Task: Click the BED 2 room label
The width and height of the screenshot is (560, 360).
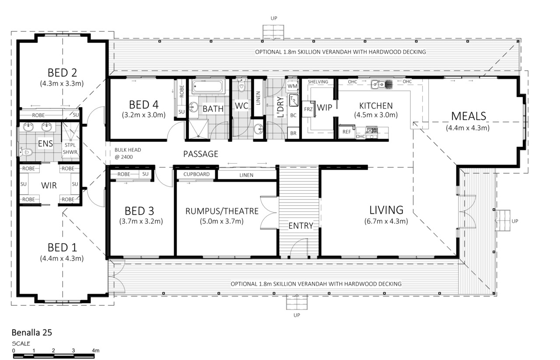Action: pyautogui.click(x=62, y=73)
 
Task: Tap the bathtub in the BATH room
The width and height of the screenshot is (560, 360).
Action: pyautogui.click(x=207, y=87)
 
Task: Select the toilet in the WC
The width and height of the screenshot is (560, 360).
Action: pyautogui.click(x=241, y=85)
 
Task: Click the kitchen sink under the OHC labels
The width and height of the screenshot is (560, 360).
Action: pyautogui.click(x=381, y=84)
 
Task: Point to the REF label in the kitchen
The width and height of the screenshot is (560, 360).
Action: pyautogui.click(x=347, y=132)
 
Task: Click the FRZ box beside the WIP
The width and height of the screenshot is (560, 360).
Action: pyautogui.click(x=308, y=109)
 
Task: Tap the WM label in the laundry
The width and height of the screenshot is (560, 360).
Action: pyautogui.click(x=292, y=86)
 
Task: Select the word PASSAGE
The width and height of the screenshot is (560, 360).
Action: pyautogui.click(x=201, y=154)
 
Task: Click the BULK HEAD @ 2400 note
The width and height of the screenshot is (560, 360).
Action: pyautogui.click(x=128, y=154)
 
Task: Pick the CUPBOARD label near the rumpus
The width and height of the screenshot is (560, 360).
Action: pyautogui.click(x=196, y=174)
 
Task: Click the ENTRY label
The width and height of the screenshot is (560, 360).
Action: pyautogui.click(x=301, y=226)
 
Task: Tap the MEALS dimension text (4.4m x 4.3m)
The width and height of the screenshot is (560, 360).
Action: pyautogui.click(x=468, y=128)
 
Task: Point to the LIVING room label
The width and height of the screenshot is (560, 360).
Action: pyautogui.click(x=386, y=210)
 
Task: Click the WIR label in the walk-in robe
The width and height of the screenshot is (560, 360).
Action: pyautogui.click(x=49, y=185)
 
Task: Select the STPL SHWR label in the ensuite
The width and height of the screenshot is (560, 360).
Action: pyautogui.click(x=70, y=148)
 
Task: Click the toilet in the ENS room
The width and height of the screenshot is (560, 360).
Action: pyautogui.click(x=26, y=152)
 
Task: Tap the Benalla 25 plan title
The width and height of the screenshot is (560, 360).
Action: pyautogui.click(x=32, y=332)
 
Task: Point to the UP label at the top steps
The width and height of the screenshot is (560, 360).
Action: pyautogui.click(x=274, y=18)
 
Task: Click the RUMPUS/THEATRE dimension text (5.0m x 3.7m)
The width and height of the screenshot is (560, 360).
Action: pyautogui.click(x=221, y=221)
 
